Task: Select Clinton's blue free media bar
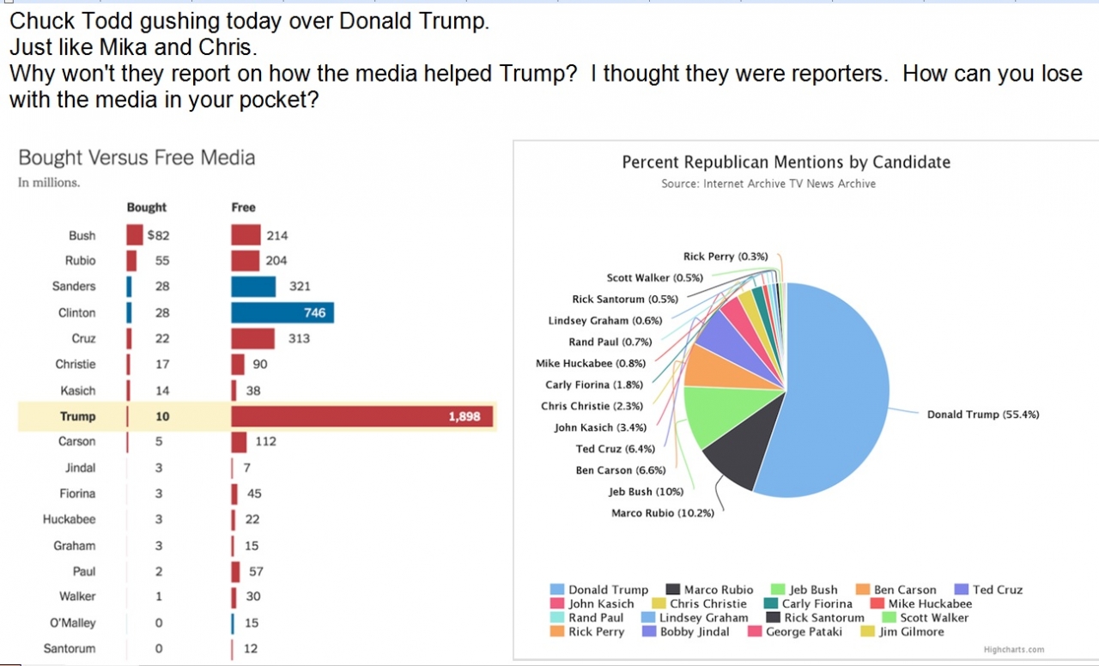point(282,312)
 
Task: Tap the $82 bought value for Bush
point(159,235)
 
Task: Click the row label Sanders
point(74,287)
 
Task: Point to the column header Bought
point(147,208)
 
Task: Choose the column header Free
point(243,208)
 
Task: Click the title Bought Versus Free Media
point(137,158)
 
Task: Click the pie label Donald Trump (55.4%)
point(983,415)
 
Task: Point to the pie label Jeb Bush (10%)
point(646,492)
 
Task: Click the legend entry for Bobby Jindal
point(695,632)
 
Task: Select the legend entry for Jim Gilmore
point(911,632)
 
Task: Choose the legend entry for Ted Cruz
point(997,590)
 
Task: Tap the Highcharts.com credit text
point(1014,650)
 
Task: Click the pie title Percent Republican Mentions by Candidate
point(786,162)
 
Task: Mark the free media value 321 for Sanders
point(300,287)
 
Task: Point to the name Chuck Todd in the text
point(61,21)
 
